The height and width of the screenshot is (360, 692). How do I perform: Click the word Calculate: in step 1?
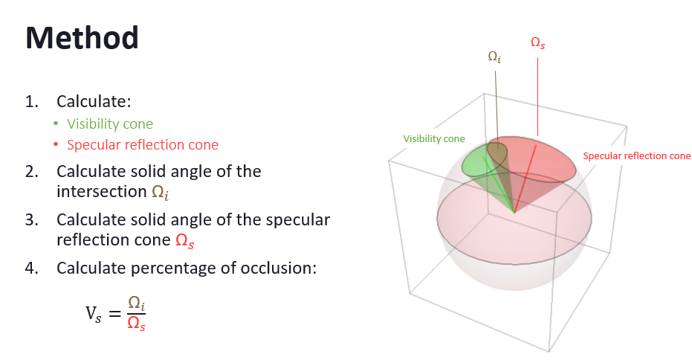click(94, 102)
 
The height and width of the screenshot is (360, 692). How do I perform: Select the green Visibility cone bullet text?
click(110, 124)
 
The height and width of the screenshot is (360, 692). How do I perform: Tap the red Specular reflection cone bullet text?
click(143, 145)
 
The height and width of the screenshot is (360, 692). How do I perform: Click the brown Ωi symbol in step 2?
click(161, 193)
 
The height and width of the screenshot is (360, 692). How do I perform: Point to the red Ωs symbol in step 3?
click(185, 241)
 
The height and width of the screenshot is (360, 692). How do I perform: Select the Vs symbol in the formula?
click(94, 314)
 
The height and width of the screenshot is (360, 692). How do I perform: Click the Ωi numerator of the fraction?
click(136, 303)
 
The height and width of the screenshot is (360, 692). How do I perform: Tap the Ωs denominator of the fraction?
click(136, 324)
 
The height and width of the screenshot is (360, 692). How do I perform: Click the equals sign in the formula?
click(114, 314)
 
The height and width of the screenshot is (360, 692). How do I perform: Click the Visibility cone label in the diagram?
click(434, 138)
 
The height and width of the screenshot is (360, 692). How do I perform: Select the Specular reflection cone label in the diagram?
click(636, 156)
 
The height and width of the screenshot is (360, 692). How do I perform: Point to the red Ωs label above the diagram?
click(537, 43)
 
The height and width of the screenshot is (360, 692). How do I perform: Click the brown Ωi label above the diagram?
click(494, 57)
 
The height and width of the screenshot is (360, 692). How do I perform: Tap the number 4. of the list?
click(32, 268)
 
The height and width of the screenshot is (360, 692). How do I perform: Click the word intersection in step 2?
click(102, 192)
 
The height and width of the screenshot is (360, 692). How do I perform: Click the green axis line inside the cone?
click(499, 184)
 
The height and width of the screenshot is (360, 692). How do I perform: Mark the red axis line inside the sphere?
click(526, 179)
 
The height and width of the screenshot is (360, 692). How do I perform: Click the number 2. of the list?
click(32, 171)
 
